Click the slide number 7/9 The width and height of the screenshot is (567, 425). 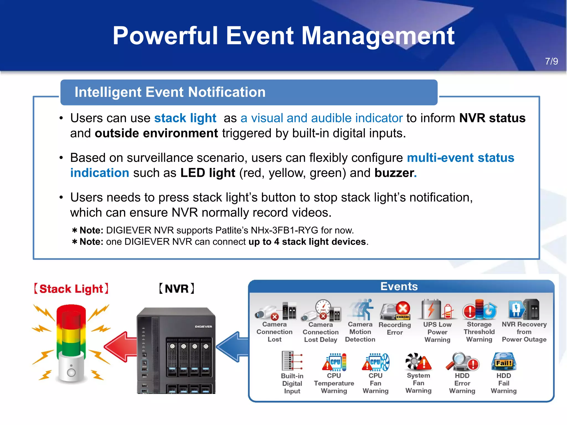[551, 61]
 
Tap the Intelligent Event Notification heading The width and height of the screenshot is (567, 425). [170, 92]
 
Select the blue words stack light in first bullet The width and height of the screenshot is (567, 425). [185, 118]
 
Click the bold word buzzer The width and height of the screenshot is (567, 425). [394, 173]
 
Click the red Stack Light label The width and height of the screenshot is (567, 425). [71, 289]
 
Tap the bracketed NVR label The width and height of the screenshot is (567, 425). [177, 289]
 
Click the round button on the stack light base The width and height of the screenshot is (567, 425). [71, 372]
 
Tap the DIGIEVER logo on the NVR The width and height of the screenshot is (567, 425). [203, 326]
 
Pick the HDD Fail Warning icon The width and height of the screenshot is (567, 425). [504, 362]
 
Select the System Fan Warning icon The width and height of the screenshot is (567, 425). [418, 362]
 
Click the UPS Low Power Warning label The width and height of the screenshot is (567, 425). [437, 332]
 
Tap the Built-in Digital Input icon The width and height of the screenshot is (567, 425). [292, 361]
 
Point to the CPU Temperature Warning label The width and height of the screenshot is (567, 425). [334, 383]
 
